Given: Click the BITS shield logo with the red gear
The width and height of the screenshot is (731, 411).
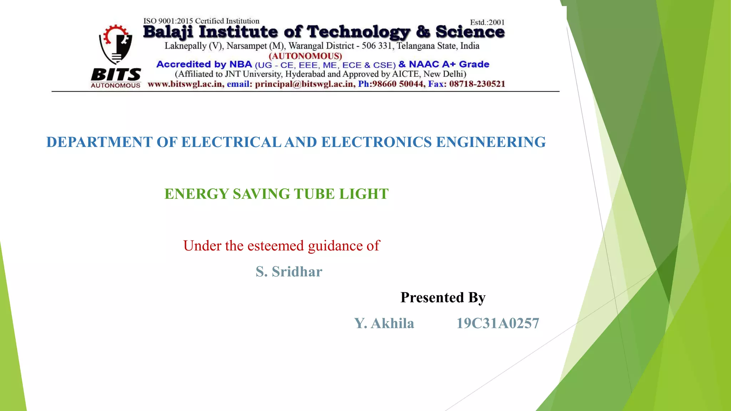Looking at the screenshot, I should click(x=116, y=44).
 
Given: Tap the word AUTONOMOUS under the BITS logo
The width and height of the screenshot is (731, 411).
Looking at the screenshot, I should click(x=116, y=86).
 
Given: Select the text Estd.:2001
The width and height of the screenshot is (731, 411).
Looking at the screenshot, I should click(x=487, y=22).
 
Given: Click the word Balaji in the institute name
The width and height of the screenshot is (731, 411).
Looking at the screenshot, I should click(x=168, y=32).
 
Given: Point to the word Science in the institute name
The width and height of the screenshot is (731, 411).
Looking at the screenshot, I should click(x=470, y=32).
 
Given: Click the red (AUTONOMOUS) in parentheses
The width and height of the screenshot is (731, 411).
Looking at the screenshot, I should click(x=305, y=56).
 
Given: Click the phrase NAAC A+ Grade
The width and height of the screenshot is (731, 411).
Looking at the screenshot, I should click(x=449, y=65).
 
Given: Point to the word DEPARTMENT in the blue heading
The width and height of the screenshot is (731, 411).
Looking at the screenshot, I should click(x=100, y=142).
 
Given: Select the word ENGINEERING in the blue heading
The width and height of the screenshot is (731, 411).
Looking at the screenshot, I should click(x=491, y=142).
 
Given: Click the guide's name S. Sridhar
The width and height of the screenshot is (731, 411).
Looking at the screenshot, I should click(x=289, y=272).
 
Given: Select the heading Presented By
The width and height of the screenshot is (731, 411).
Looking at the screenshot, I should click(x=443, y=298).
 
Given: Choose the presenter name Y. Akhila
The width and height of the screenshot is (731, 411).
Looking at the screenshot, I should click(x=384, y=323).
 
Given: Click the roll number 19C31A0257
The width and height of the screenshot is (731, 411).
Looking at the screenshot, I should click(x=498, y=323).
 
